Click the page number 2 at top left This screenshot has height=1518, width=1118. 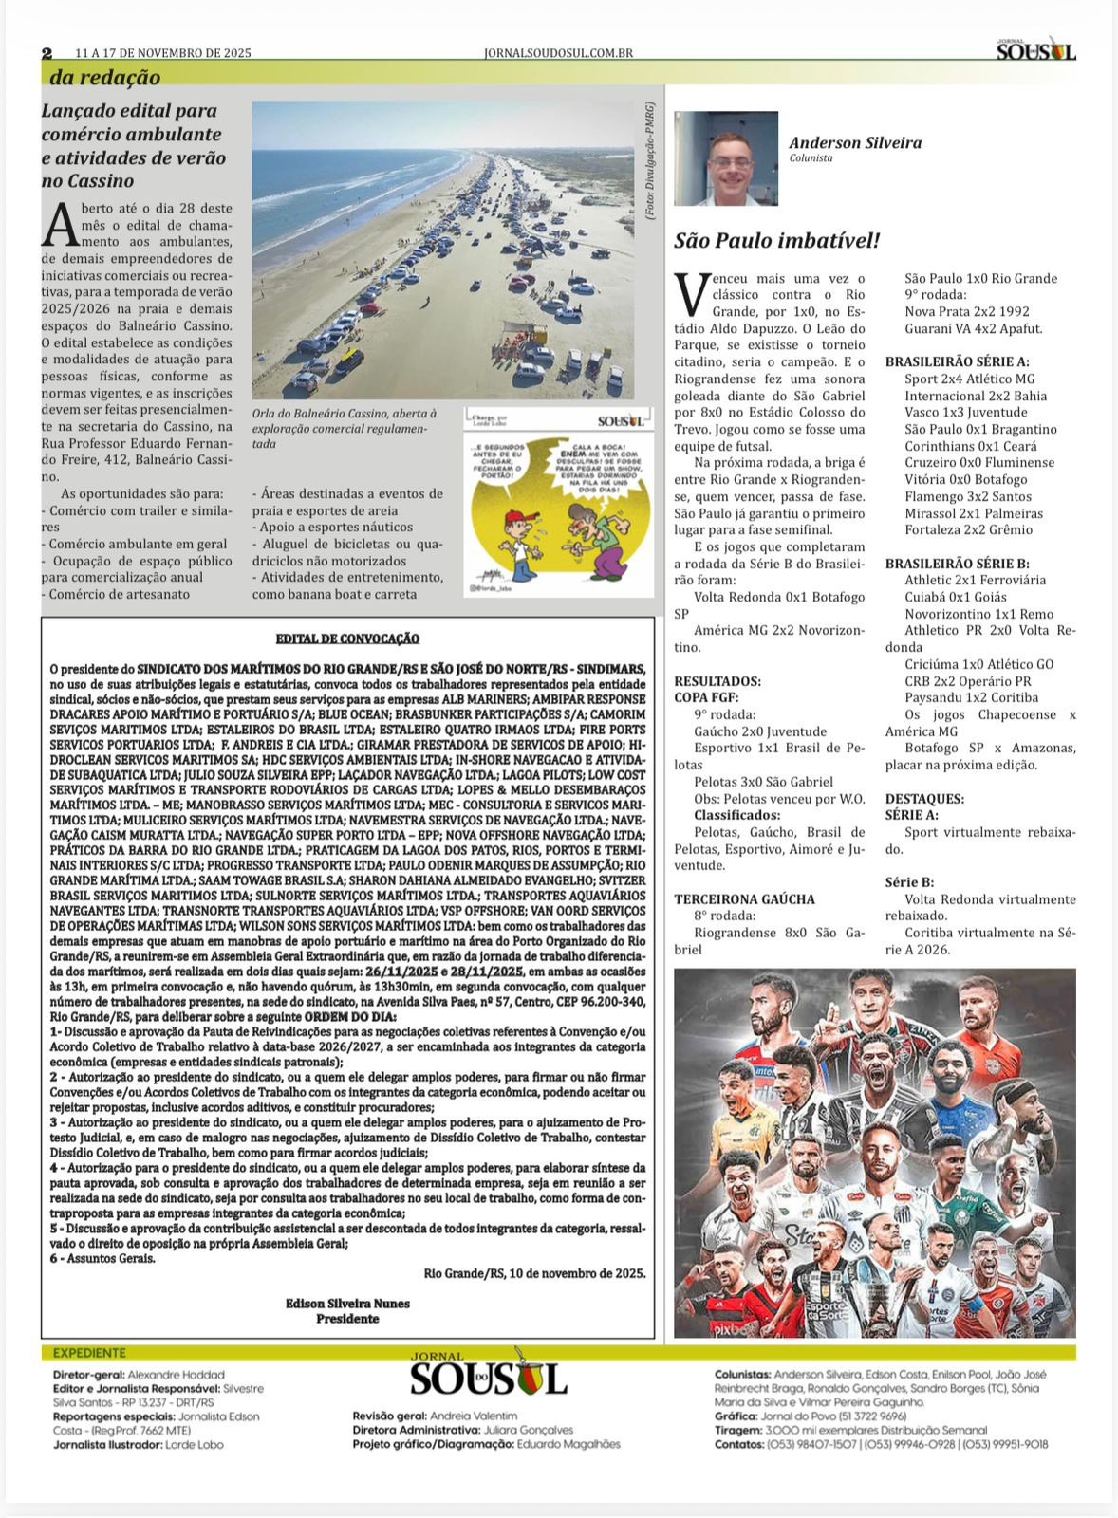[47, 53]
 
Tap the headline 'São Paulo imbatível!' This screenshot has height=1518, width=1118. [776, 240]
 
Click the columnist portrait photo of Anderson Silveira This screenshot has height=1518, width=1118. [725, 158]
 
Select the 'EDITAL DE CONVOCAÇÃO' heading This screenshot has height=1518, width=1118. [346, 639]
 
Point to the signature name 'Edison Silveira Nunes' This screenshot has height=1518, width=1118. [347, 1303]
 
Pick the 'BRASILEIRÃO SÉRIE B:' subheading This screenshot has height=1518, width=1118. [957, 564]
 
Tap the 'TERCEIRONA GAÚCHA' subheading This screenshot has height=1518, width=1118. [744, 898]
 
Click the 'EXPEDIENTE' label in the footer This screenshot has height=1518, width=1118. [89, 1353]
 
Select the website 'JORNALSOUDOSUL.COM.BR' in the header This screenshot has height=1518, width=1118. [558, 54]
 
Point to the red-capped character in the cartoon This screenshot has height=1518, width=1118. [515, 540]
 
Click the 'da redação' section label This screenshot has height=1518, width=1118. [105, 78]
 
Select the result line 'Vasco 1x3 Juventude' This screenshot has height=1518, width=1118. [965, 413]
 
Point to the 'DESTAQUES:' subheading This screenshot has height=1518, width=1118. [924, 799]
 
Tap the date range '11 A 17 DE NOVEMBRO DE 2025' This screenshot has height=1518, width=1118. [163, 54]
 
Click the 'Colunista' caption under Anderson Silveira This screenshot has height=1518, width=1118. [811, 158]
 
